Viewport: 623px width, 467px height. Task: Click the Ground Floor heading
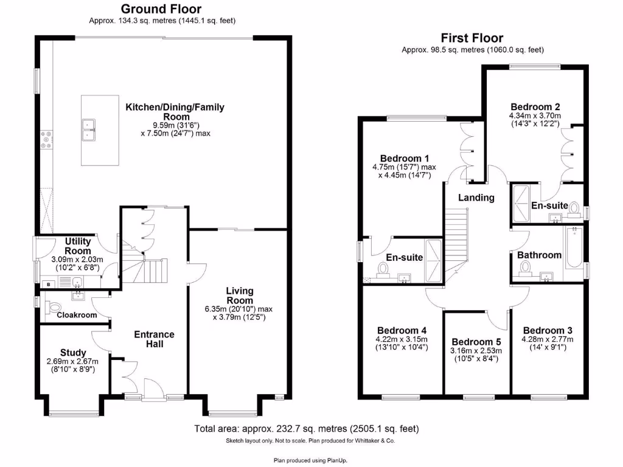(x=161, y=9)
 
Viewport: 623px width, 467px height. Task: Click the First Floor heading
(x=473, y=38)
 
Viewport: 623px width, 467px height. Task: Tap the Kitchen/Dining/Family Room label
(x=175, y=112)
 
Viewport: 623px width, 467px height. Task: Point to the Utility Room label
(x=78, y=246)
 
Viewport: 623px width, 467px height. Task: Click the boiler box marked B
(x=47, y=283)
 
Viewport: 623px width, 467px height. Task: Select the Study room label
(x=73, y=353)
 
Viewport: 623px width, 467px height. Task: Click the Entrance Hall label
(x=154, y=339)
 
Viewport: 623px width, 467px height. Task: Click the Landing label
(x=476, y=198)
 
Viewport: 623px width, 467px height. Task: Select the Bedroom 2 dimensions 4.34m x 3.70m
(x=535, y=116)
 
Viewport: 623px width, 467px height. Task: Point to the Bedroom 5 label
(x=475, y=342)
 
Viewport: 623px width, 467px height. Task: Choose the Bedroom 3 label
(x=547, y=331)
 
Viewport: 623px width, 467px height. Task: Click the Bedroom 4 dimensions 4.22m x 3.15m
(x=402, y=339)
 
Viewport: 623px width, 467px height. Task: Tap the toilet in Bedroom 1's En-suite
(x=384, y=268)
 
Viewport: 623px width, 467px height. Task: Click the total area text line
(x=306, y=429)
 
